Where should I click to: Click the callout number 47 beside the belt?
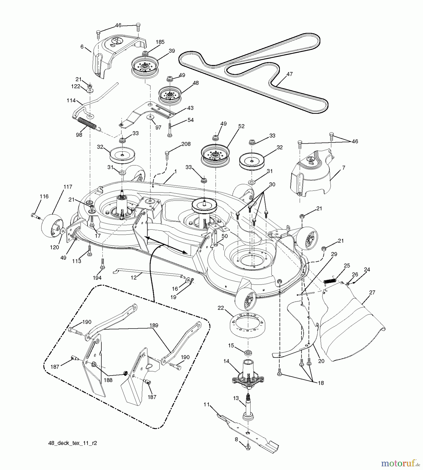pos(289,74)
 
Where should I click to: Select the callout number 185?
pos(160,42)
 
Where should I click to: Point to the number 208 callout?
pos(186,144)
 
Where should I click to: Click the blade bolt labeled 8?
pos(248,448)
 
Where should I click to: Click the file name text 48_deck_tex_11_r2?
pos(73,443)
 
